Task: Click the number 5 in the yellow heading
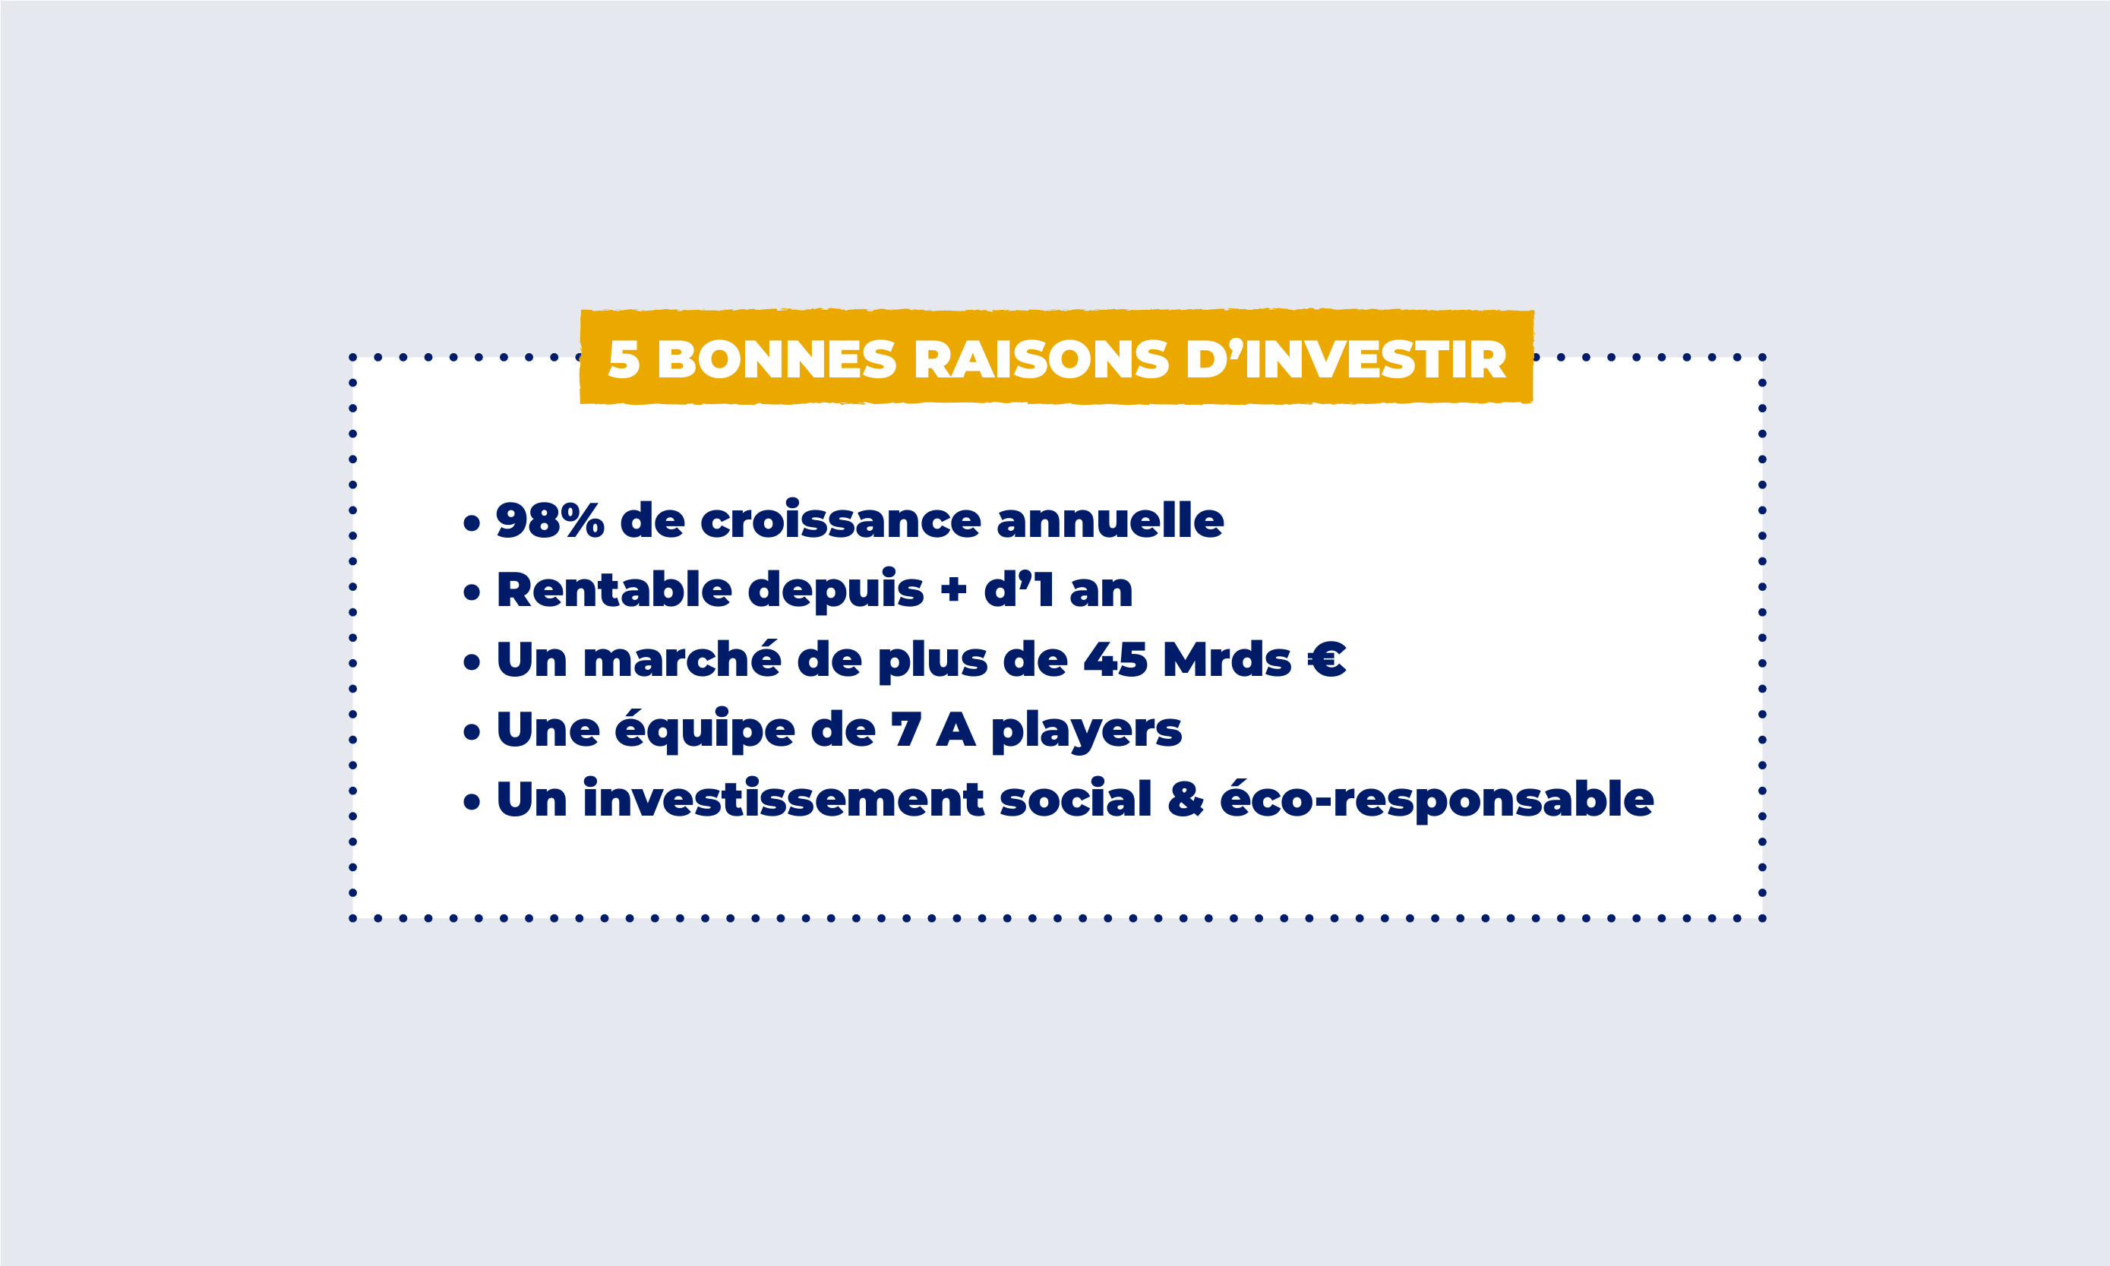coord(624,359)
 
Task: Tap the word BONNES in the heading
coord(777,359)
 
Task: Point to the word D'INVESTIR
coord(1347,359)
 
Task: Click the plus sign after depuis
coord(954,589)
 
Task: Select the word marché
coord(682,658)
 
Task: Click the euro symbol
coord(1327,659)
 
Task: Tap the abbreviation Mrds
coord(1227,658)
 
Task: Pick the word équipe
coord(704,731)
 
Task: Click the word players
coord(1086,731)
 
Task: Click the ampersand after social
coord(1186,800)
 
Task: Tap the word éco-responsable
coord(1437,800)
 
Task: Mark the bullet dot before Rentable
coord(472,592)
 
